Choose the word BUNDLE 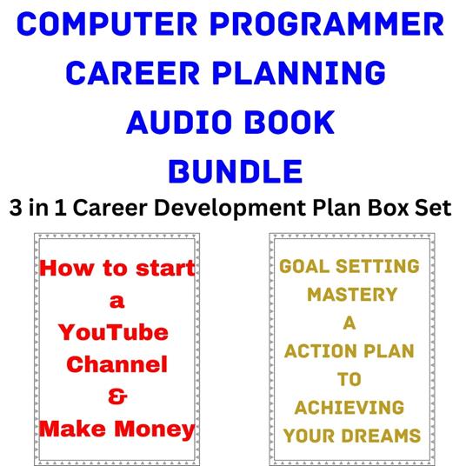(x=235, y=170)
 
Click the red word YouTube (x=113, y=333)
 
